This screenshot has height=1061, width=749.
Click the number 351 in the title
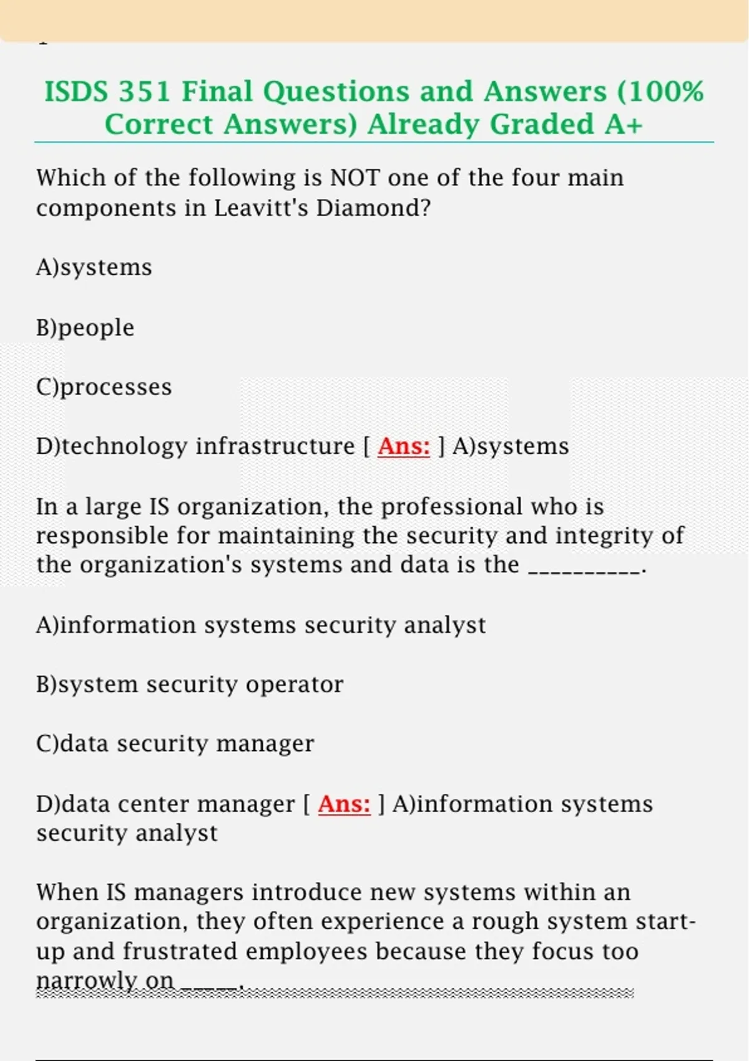(x=144, y=92)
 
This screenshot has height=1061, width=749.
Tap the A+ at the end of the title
(x=623, y=124)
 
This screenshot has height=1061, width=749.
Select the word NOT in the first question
(x=355, y=178)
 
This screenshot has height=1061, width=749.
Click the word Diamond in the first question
(x=373, y=208)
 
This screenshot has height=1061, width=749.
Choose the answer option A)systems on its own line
(x=94, y=267)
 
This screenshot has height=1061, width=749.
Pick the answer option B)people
(x=86, y=328)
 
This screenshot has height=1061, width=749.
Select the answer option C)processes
(x=104, y=387)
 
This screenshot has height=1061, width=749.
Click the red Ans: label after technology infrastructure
(x=404, y=446)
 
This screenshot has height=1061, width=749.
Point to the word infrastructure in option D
(x=275, y=446)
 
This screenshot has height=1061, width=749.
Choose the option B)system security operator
(x=190, y=685)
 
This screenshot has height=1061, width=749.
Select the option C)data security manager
(x=175, y=744)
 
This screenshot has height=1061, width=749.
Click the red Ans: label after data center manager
(x=344, y=804)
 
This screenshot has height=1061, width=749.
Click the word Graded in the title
(x=541, y=124)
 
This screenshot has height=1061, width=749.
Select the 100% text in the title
(x=665, y=92)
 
